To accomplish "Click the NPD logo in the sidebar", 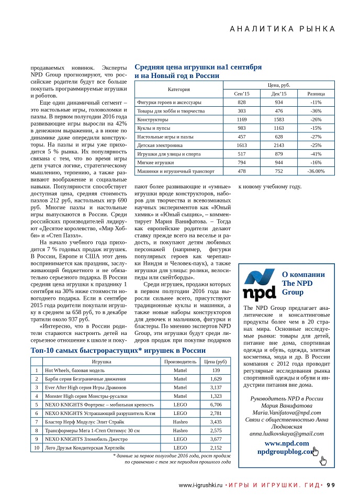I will click(260, 284).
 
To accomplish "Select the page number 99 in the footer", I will click(331, 485).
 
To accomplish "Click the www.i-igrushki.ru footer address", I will click(201, 485).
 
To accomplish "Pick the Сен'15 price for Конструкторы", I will click(241, 119).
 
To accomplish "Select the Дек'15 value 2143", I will click(278, 145).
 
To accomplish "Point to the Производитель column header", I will click(180, 362).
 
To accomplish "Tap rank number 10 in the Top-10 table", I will click(37, 447).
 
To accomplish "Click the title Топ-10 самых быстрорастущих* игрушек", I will click(111, 350).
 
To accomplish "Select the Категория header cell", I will click(178, 89).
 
